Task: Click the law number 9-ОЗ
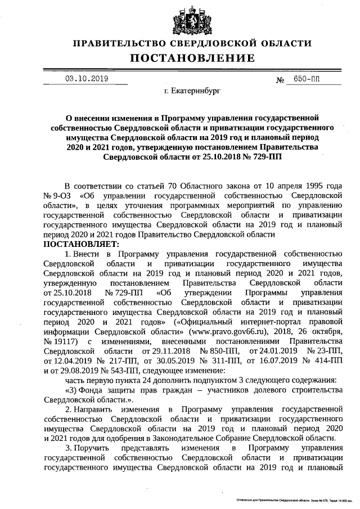tap(62, 195)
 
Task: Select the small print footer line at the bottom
tap(293, 499)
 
